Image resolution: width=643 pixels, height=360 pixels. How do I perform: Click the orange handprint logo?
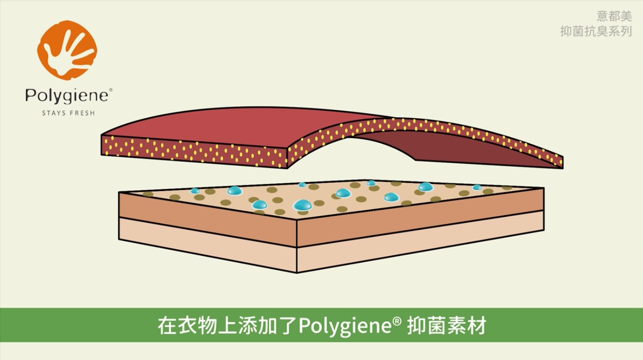click(67, 49)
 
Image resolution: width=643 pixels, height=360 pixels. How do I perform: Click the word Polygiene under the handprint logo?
click(68, 96)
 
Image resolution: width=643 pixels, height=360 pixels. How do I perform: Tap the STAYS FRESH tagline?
click(68, 113)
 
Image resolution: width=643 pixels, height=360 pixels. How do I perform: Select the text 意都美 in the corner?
click(614, 16)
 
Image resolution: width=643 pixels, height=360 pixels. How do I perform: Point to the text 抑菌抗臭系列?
click(596, 31)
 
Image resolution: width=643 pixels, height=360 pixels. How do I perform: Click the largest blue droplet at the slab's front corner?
click(303, 205)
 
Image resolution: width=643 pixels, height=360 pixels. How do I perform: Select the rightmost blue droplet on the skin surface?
click(477, 187)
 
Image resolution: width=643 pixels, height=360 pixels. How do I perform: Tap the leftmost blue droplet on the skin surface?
click(195, 191)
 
